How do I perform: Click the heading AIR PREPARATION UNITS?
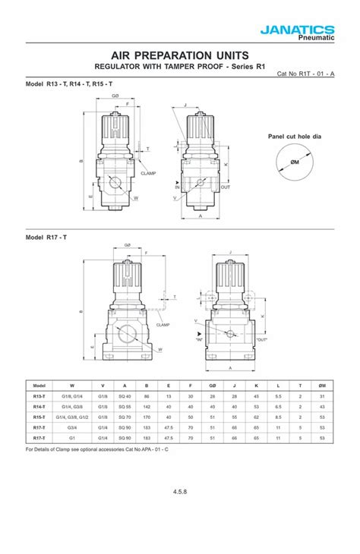179,55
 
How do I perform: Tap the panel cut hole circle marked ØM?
295,162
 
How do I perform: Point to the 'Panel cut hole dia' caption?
295,137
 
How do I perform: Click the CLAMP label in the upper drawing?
147,173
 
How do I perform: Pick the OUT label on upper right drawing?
226,187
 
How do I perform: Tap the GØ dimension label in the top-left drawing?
115,96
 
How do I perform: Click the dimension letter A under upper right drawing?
200,216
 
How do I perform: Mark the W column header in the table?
71,386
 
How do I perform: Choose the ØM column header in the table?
323,386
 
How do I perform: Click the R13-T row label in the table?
39,396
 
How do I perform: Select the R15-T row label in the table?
39,417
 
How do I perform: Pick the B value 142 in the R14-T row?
147,406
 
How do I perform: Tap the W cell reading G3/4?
71,427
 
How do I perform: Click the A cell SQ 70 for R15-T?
125,417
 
